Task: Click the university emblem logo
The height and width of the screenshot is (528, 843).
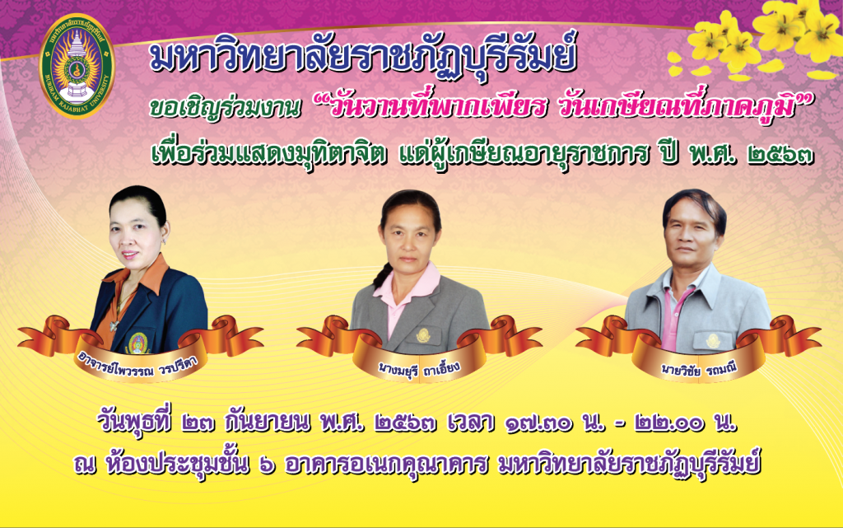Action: (77, 66)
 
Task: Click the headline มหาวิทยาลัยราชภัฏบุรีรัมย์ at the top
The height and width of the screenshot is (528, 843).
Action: (363, 57)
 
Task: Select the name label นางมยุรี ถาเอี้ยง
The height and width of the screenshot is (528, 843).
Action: (419, 369)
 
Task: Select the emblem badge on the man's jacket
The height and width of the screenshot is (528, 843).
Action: (714, 340)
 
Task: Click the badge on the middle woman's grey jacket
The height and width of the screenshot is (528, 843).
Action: (423, 335)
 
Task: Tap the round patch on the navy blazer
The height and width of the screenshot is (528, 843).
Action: (138, 343)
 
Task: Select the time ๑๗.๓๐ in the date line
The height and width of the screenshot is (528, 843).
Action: (538, 423)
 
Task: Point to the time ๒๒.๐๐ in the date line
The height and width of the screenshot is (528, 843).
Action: (668, 423)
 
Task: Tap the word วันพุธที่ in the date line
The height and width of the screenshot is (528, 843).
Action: (134, 422)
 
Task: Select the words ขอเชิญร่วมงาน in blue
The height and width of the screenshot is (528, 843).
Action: (224, 108)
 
